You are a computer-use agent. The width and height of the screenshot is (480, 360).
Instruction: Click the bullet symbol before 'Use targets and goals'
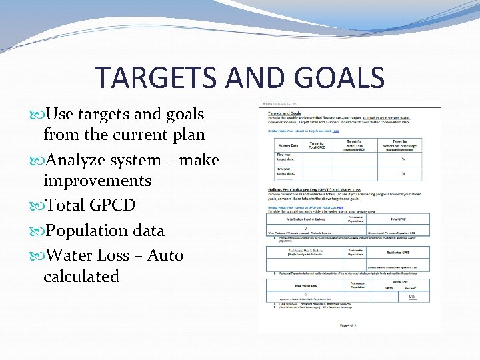pyautogui.click(x=36, y=115)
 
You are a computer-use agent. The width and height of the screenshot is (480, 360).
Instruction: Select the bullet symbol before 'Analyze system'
pyautogui.click(x=36, y=161)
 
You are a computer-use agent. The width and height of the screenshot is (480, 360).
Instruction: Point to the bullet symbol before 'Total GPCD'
pyautogui.click(x=36, y=206)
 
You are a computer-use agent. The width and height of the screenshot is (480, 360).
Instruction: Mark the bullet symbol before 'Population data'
pyautogui.click(x=36, y=231)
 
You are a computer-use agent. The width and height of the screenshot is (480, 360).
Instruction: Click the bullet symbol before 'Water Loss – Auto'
pyautogui.click(x=36, y=256)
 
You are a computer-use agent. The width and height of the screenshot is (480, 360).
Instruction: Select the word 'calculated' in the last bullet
pyautogui.click(x=81, y=276)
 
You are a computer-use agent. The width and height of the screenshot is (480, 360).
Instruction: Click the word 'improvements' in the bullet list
pyautogui.click(x=97, y=181)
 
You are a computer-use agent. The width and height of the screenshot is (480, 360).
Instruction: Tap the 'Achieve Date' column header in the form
pyautogui.click(x=280, y=145)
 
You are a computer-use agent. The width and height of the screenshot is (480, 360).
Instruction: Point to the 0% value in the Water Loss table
pyautogui.click(x=412, y=296)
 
